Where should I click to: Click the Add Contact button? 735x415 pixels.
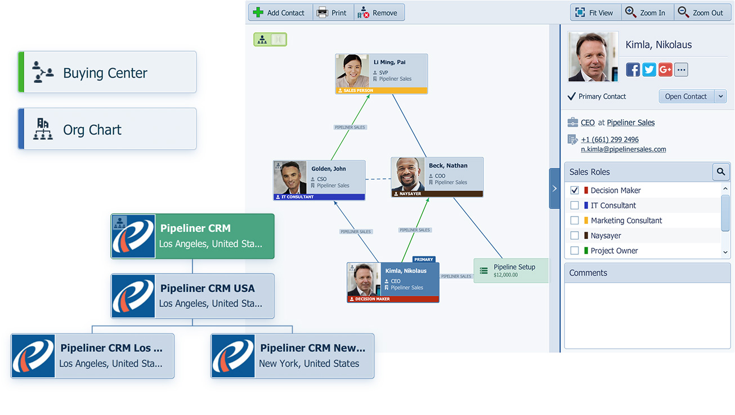point(280,12)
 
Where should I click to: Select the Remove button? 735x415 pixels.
point(379,12)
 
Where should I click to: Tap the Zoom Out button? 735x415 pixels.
point(701,12)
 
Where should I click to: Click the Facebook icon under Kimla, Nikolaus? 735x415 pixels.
point(633,70)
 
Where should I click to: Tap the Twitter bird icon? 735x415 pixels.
point(649,70)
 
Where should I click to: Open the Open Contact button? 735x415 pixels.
point(685,96)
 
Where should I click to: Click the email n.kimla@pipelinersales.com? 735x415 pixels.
point(624,150)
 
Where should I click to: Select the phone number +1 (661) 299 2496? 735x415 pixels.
point(609,139)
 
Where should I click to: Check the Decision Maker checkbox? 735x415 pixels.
point(575,191)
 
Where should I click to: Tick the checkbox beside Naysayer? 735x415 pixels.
point(575,236)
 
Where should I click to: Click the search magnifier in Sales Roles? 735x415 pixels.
point(720,172)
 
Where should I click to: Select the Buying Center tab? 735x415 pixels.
point(107,73)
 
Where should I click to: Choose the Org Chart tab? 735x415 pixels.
point(107,129)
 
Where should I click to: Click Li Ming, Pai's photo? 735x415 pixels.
point(352,71)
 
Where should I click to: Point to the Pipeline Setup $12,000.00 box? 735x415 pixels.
point(510,270)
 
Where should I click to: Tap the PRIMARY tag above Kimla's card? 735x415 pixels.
point(424,260)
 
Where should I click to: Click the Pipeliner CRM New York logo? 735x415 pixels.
point(233,356)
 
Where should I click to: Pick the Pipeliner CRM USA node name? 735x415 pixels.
point(208,288)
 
